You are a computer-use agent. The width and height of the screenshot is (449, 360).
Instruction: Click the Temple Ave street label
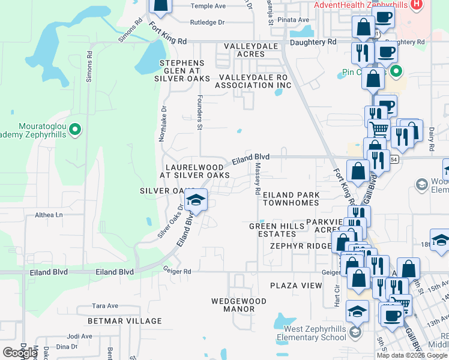(208, 6)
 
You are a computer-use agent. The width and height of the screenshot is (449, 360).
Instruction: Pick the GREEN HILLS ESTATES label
(273, 230)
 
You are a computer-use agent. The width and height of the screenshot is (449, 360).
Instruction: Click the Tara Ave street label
(104, 306)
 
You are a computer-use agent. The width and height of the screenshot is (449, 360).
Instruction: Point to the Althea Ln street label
(49, 215)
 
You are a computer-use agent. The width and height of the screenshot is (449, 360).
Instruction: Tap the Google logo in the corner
(20, 353)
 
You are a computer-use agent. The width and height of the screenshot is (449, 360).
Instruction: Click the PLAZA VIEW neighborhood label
(296, 286)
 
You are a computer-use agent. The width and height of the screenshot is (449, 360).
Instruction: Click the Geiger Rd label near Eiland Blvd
(178, 271)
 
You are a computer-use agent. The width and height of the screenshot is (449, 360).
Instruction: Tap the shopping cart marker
(378, 128)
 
